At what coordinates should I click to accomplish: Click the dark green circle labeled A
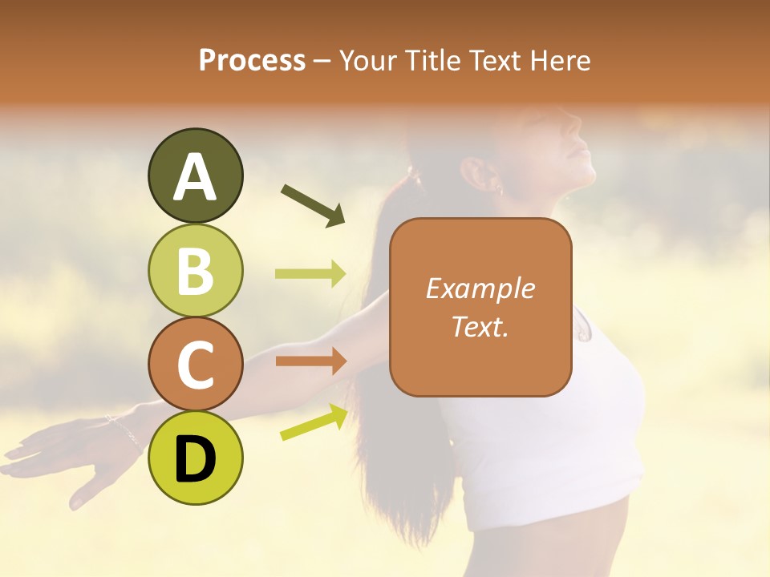pyautogui.click(x=195, y=176)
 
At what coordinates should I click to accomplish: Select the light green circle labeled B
pyautogui.click(x=195, y=270)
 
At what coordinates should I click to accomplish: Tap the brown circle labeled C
pyautogui.click(x=195, y=364)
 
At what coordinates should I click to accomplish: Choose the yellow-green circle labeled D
pyautogui.click(x=195, y=458)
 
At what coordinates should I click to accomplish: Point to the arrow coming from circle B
pyautogui.click(x=310, y=274)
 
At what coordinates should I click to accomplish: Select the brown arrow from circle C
pyautogui.click(x=310, y=361)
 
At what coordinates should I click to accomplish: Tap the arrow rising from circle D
pyautogui.click(x=314, y=422)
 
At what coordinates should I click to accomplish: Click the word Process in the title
pyautogui.click(x=252, y=60)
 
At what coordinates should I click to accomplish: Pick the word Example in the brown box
pyautogui.click(x=480, y=288)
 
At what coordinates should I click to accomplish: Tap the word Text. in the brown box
pyautogui.click(x=480, y=326)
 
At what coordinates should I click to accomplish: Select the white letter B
pyautogui.click(x=195, y=270)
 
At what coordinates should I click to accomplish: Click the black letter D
pyautogui.click(x=195, y=458)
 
